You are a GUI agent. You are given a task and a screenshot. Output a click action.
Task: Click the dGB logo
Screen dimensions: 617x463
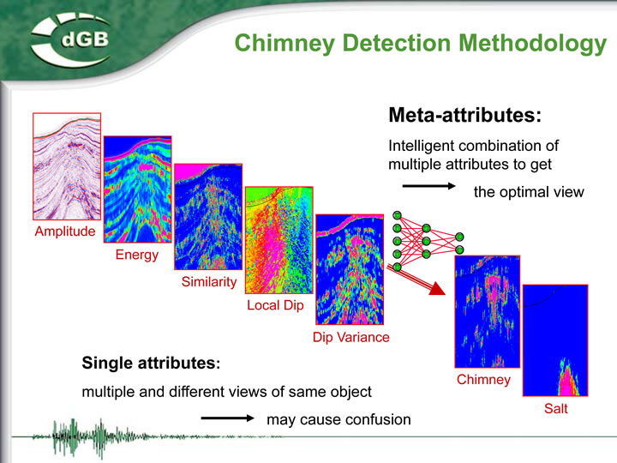tap(71, 39)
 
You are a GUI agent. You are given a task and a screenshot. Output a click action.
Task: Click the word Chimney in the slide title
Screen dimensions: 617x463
tap(285, 44)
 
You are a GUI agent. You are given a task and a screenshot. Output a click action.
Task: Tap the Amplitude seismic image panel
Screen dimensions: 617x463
tap(67, 166)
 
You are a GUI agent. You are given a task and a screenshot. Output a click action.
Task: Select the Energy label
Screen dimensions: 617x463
tap(137, 256)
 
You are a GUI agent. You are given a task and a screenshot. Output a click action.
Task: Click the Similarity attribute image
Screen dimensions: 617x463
tap(208, 217)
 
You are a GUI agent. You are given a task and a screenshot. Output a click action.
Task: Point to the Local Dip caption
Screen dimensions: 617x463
tap(275, 305)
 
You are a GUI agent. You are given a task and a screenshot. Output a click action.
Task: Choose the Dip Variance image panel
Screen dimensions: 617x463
tap(350, 270)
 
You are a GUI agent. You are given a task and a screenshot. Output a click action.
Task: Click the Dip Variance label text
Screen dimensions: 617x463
tap(351, 337)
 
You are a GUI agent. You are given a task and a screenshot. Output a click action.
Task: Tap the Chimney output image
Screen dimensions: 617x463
tap(487, 312)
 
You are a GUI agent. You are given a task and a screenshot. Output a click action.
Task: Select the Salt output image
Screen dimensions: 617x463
tap(555, 340)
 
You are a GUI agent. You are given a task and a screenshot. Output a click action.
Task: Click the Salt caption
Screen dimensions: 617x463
tap(555, 408)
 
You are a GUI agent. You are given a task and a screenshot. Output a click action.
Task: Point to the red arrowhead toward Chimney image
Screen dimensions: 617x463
tap(437, 289)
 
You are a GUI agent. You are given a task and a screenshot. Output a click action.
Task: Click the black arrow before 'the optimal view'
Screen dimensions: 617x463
tap(429, 186)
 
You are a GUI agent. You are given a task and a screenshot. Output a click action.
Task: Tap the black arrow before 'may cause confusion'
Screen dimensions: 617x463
tap(227, 418)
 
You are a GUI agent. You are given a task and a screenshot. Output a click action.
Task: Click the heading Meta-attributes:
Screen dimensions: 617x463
tap(465, 115)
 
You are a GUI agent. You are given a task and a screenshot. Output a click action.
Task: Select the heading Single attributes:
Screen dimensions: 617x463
tap(151, 363)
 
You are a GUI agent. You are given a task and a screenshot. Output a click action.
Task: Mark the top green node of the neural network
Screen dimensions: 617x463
tap(397, 215)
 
